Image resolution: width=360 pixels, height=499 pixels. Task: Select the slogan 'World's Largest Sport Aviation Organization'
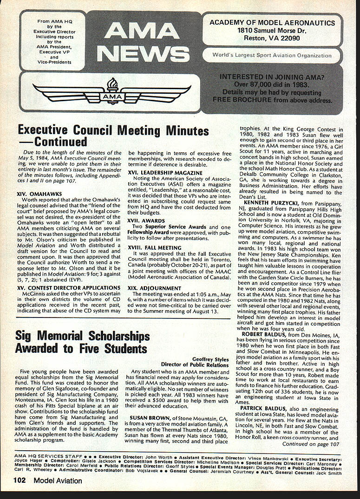272,55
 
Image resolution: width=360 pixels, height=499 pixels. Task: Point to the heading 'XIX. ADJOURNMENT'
155,287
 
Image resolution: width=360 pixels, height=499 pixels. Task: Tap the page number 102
19,480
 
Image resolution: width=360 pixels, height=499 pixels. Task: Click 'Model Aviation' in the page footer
58,480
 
